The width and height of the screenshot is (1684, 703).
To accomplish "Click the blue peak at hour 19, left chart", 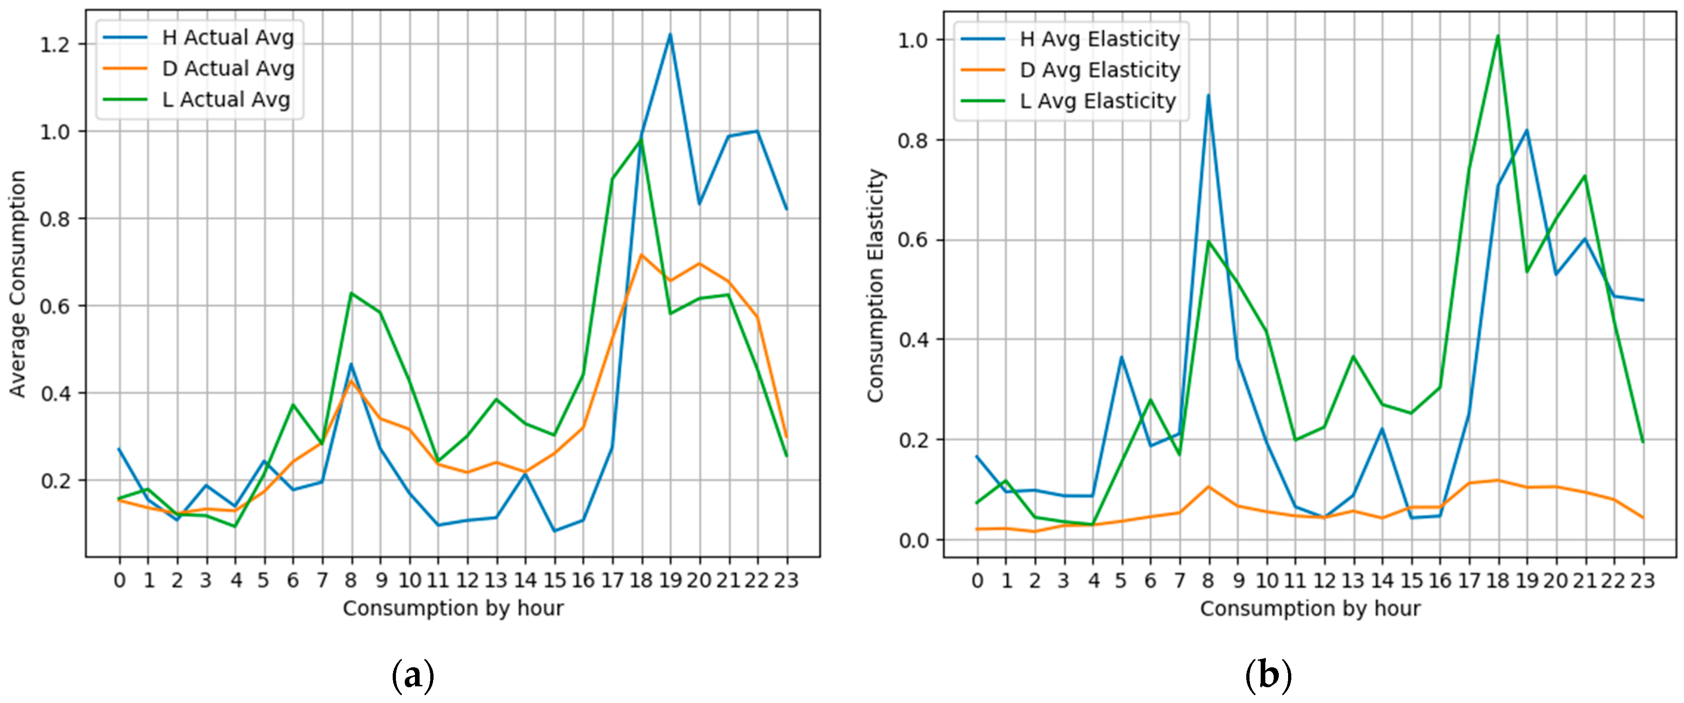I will click(670, 35).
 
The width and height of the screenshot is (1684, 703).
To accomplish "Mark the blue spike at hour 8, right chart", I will click(1209, 96).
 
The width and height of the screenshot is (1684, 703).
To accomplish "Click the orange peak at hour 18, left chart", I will click(641, 255).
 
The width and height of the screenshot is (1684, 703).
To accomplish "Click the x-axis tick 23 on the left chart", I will click(786, 580).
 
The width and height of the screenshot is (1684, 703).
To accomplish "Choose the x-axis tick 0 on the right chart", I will click(978, 580).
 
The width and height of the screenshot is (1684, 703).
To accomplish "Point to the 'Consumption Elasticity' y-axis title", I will click(875, 286).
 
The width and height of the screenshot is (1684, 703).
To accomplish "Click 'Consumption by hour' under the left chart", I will click(453, 608).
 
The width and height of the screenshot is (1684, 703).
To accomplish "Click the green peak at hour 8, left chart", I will click(352, 293).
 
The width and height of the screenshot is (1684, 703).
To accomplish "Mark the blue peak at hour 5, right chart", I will click(1121, 357).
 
